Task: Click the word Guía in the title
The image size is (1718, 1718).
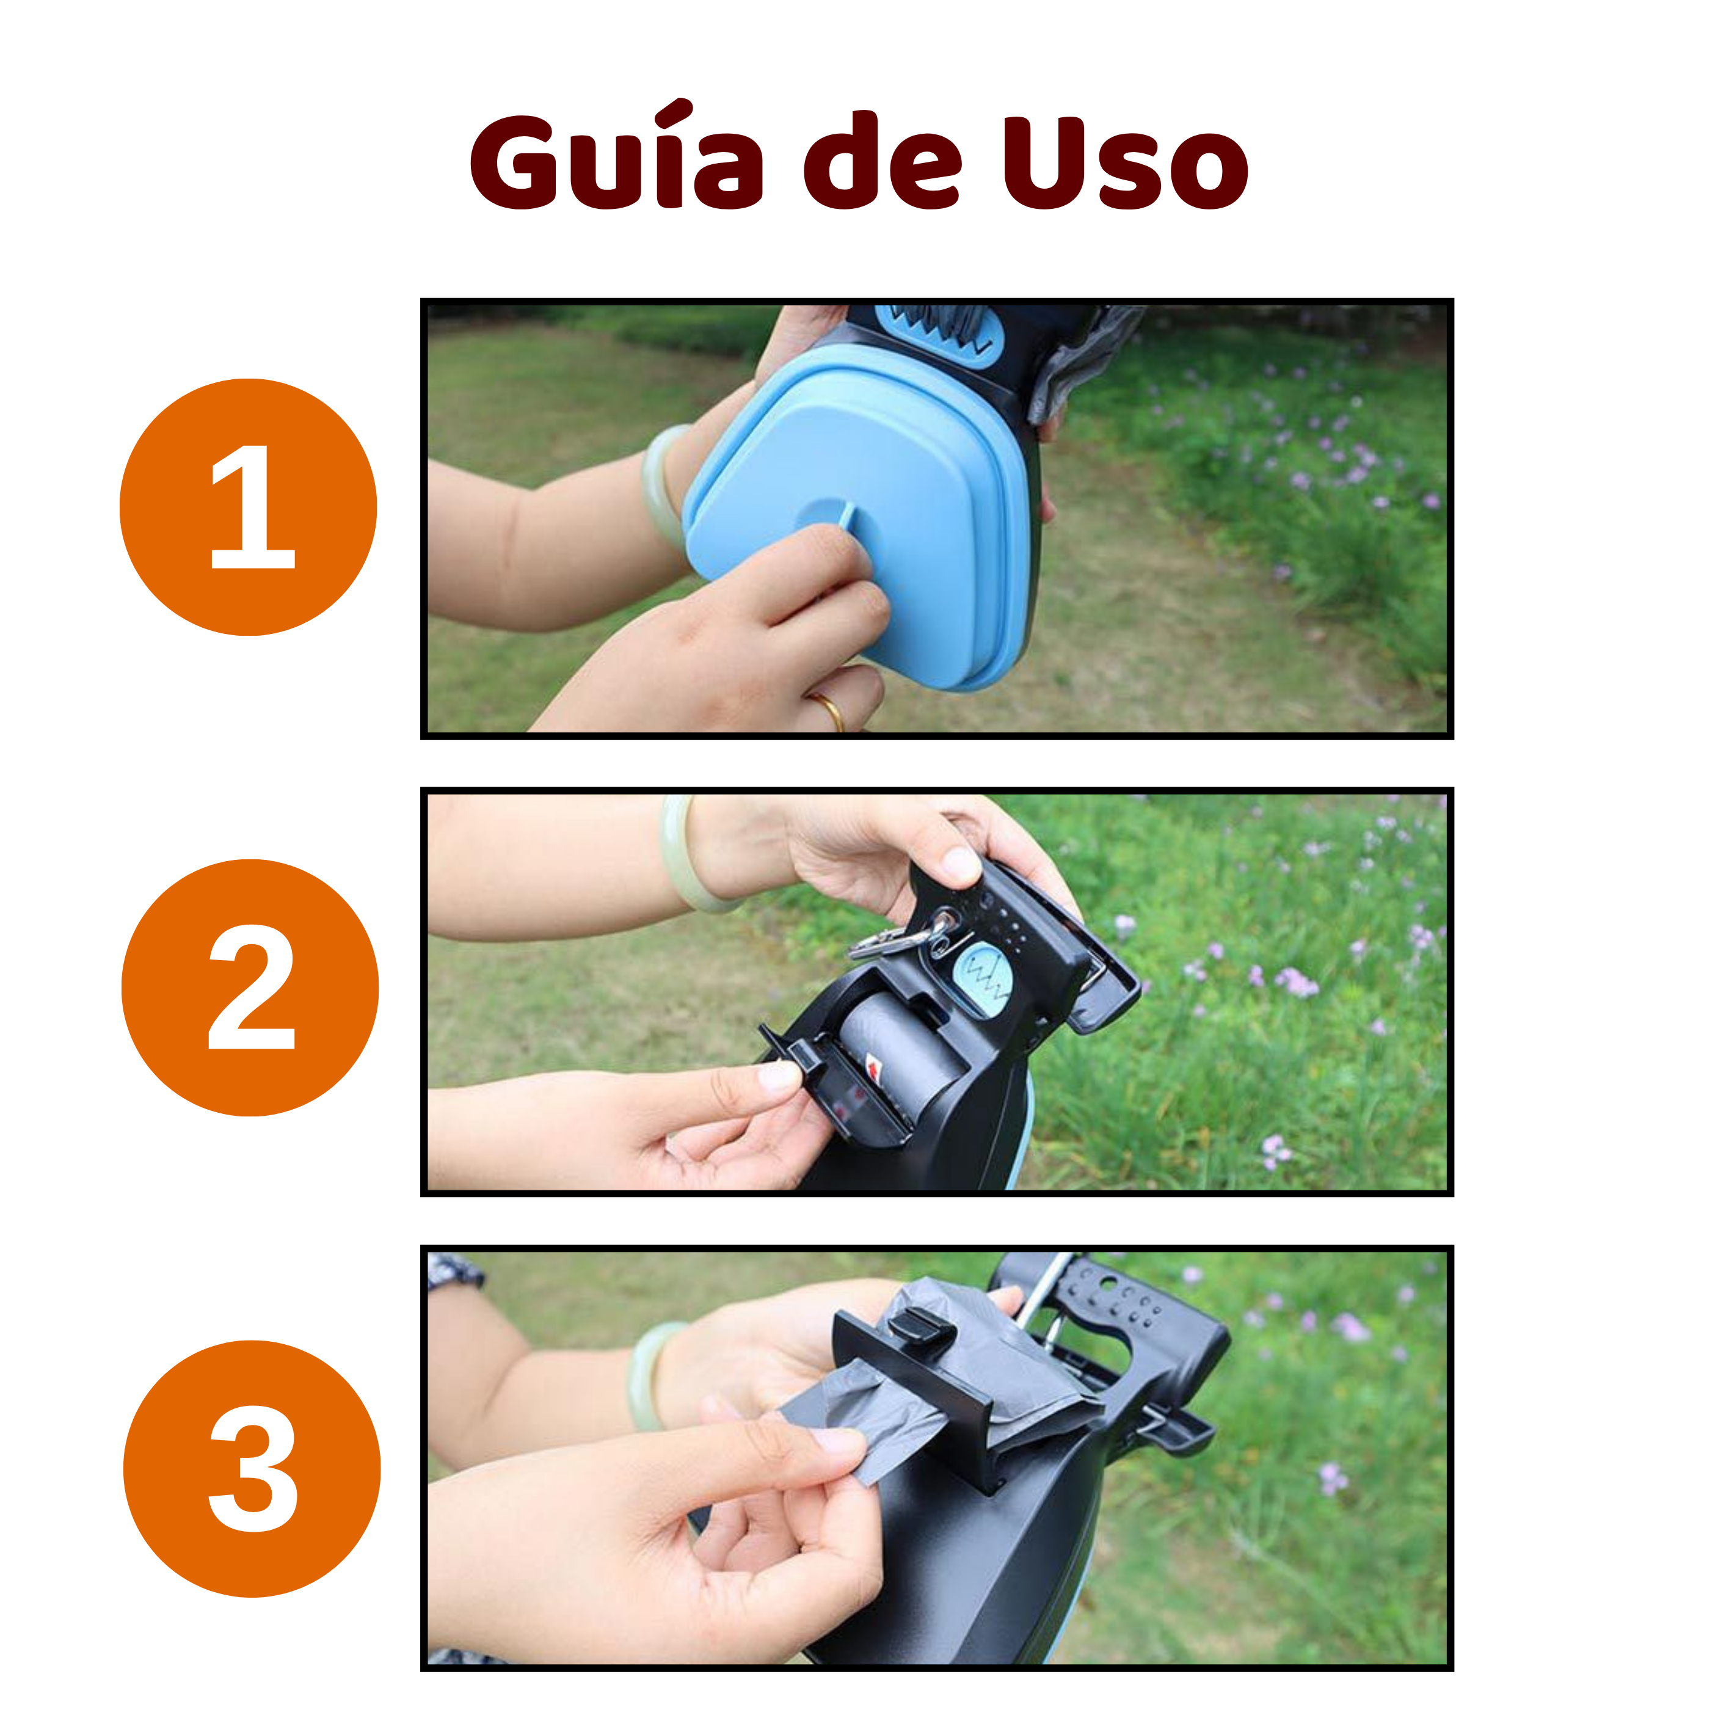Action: click(x=616, y=156)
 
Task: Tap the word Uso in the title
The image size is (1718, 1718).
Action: click(x=1126, y=162)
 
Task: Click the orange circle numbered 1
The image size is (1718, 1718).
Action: click(x=248, y=507)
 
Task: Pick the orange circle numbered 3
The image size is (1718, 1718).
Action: click(x=252, y=1468)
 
